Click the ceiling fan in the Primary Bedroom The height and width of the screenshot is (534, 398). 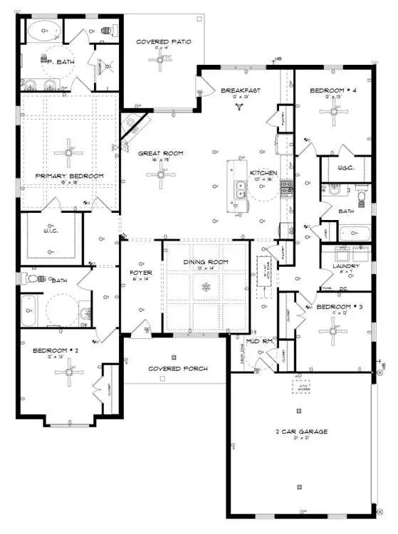(68, 151)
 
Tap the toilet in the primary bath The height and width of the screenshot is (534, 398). (109, 31)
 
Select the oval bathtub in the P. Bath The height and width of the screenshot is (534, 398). (45, 31)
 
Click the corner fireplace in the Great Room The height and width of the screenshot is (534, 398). (132, 127)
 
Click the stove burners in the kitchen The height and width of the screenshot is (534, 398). (286, 188)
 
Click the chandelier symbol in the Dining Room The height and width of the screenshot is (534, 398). (206, 288)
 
